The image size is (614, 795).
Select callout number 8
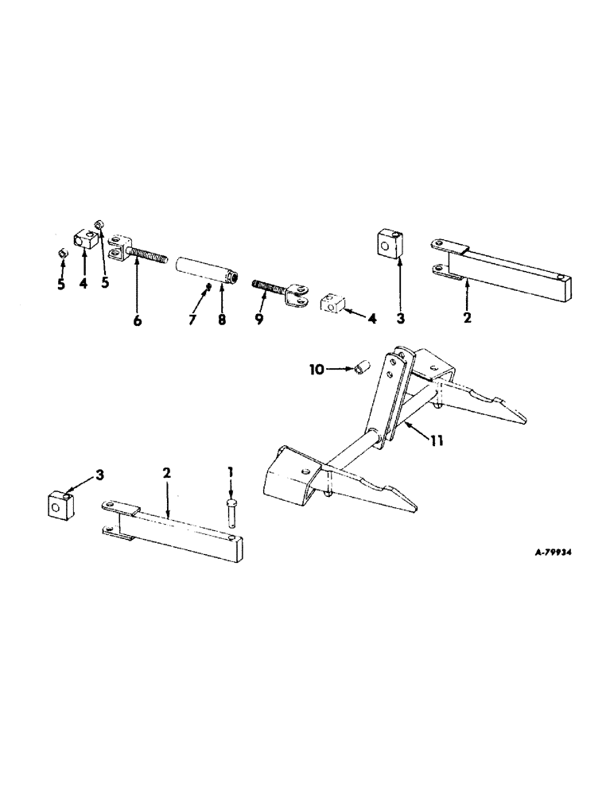[x=223, y=320]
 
